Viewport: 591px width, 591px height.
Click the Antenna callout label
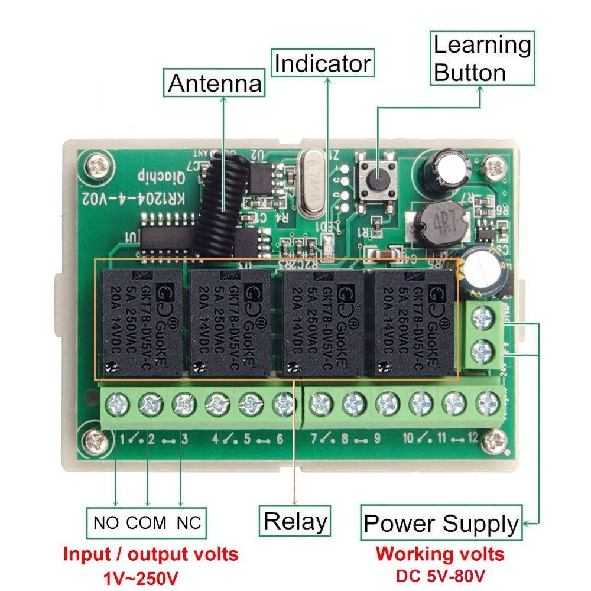[x=215, y=83]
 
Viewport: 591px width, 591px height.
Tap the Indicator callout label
[x=323, y=63]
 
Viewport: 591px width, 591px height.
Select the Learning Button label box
[x=482, y=59]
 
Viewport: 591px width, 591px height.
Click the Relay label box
[x=295, y=521]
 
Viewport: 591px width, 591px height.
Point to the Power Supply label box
[x=441, y=523]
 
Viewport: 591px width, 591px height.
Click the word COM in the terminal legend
[x=147, y=522]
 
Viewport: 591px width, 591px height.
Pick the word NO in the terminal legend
[x=106, y=522]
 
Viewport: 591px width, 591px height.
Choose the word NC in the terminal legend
[x=189, y=522]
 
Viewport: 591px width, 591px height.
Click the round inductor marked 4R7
[x=438, y=226]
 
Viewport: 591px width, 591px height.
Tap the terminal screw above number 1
[x=117, y=405]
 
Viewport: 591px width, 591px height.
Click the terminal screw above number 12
[x=488, y=404]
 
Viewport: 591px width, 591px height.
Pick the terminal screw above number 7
[x=321, y=405]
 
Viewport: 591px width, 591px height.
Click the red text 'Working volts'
[x=440, y=554]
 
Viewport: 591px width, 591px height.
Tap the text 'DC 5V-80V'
[x=440, y=575]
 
